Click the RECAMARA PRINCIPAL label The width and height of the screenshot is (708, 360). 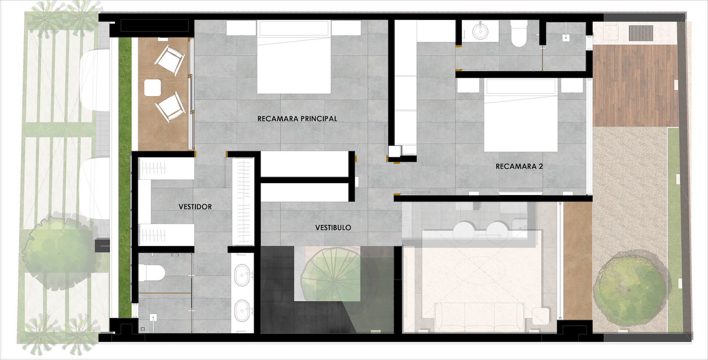tap(297, 119)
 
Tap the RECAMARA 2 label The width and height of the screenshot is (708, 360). tap(519, 166)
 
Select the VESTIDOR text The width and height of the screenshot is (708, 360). tap(195, 207)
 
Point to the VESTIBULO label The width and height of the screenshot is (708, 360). tap(333, 228)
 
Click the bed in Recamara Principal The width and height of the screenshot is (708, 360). tap(294, 59)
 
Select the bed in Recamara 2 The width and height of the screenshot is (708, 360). tap(520, 116)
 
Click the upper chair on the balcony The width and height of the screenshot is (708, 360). tap(169, 60)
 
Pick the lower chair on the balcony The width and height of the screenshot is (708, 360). tap(170, 108)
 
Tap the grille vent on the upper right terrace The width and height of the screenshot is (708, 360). tap(641, 33)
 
